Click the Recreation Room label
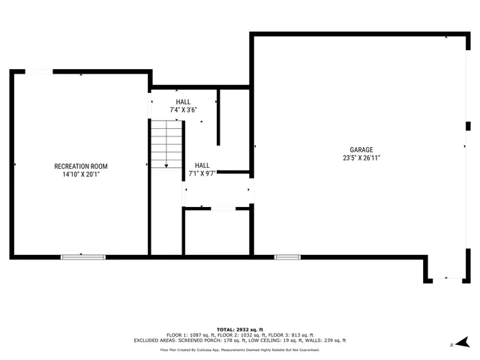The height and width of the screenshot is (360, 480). [81, 166]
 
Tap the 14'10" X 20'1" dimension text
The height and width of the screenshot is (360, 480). [81, 174]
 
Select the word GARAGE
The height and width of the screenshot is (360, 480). [361, 150]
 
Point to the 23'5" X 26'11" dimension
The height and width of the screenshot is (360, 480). [361, 158]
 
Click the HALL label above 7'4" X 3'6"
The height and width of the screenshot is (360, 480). [183, 102]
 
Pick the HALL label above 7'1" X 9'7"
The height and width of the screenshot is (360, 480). [202, 166]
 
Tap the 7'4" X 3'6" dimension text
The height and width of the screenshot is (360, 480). [183, 110]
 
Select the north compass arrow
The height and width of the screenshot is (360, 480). [463, 342]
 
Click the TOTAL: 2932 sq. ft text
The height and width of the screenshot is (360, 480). [240, 329]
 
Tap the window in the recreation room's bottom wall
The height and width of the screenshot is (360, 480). [83, 257]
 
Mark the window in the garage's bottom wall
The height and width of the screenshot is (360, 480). [287, 257]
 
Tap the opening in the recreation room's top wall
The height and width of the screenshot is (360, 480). [39, 72]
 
